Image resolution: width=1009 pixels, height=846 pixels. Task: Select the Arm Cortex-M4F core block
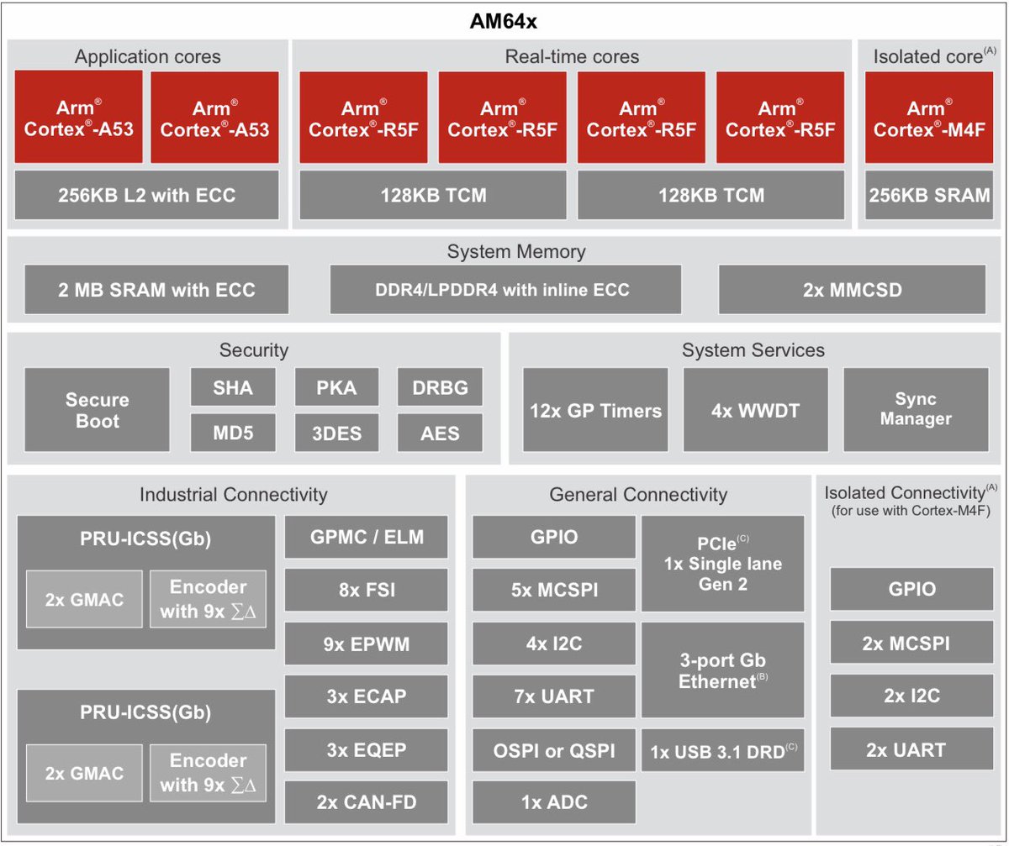pyautogui.click(x=926, y=118)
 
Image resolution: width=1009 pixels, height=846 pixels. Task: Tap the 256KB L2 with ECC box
pyautogui.click(x=146, y=196)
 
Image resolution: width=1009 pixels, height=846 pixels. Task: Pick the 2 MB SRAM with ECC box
pyautogui.click(x=156, y=290)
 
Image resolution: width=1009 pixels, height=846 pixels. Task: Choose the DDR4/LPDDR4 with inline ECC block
pyautogui.click(x=505, y=290)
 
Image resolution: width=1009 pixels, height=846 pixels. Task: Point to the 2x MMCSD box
pyautogui.click(x=852, y=290)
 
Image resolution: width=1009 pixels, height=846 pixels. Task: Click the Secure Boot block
pyautogui.click(x=98, y=409)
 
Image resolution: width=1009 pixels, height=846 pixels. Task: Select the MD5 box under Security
pyautogui.click(x=233, y=433)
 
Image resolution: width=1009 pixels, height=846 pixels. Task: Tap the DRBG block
pyautogui.click(x=440, y=387)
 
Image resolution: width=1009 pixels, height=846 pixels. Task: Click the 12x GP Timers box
pyautogui.click(x=595, y=410)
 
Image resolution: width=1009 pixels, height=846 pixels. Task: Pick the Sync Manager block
pyautogui.click(x=915, y=409)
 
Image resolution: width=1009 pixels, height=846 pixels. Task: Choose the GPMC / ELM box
pyautogui.click(x=367, y=538)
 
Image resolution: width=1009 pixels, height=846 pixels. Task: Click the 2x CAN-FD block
pyautogui.click(x=367, y=801)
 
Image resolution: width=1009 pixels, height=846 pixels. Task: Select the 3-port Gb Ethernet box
pyautogui.click(x=723, y=670)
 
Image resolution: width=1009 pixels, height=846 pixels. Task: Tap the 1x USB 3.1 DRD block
pyautogui.click(x=723, y=751)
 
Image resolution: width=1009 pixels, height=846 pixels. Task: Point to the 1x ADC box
pyautogui.click(x=554, y=801)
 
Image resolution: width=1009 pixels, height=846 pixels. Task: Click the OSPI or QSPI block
pyautogui.click(x=554, y=751)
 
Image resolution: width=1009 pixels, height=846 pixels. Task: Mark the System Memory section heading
pyautogui.click(x=516, y=252)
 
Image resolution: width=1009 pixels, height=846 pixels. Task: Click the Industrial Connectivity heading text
pyautogui.click(x=233, y=494)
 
